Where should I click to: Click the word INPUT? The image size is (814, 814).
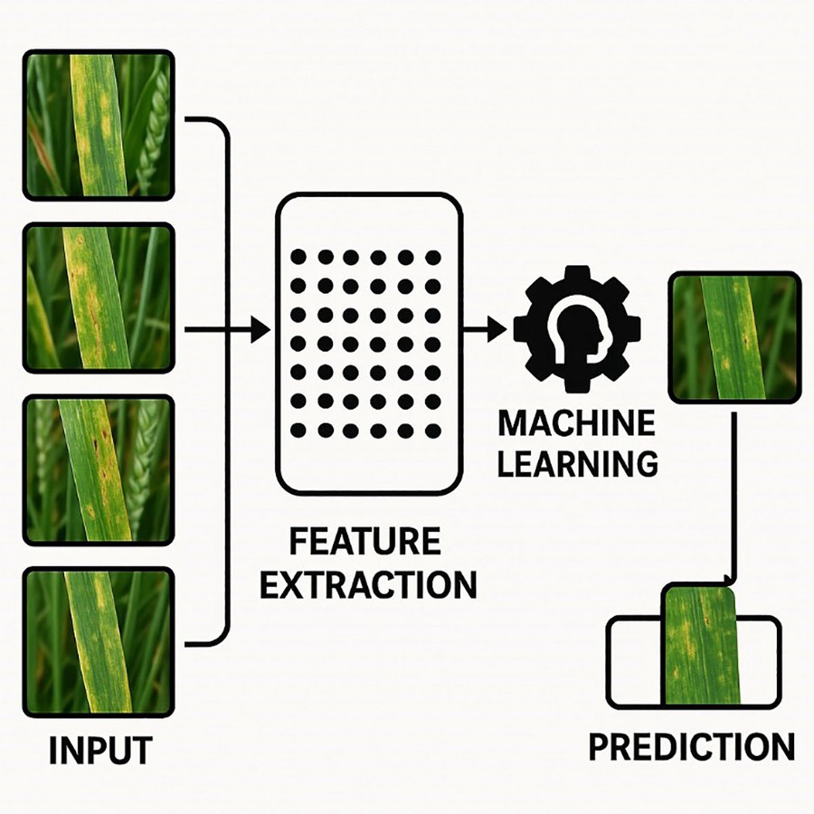point(100,750)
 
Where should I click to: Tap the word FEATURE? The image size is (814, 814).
point(365,541)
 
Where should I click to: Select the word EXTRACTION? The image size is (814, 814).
point(368,584)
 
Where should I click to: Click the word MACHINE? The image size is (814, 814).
point(576,423)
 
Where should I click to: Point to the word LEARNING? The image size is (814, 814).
point(578,463)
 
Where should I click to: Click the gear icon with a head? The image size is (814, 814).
point(577,329)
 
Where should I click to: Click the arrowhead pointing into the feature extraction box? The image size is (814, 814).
point(260,329)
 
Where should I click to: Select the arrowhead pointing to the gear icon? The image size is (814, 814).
point(497,329)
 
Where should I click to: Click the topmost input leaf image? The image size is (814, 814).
point(98,125)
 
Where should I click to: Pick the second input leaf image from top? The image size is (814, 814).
point(98,298)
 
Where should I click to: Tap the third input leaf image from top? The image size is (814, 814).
point(98,470)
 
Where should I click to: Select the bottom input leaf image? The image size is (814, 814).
point(98,643)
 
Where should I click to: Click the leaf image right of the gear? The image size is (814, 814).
point(734,337)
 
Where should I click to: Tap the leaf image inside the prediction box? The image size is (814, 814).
point(700,644)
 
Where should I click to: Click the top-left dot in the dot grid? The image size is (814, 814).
point(298,257)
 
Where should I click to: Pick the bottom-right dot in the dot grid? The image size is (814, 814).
point(432,431)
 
